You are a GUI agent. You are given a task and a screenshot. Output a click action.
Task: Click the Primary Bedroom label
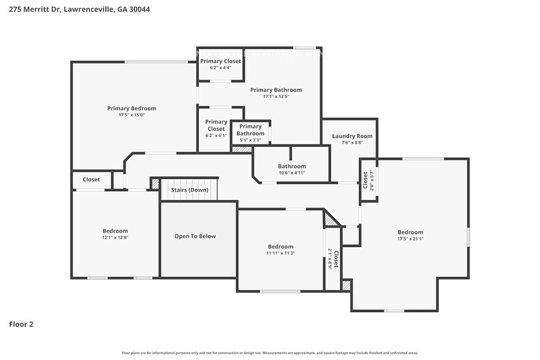point(132,108)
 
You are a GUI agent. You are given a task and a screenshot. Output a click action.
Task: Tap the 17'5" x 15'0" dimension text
point(132,115)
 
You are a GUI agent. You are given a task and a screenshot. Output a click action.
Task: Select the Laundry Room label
point(352,136)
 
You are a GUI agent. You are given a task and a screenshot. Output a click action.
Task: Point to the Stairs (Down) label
point(189,190)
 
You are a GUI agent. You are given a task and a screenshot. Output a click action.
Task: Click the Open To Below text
point(195,236)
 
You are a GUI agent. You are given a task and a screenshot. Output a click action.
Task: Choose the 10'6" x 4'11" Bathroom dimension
point(291,173)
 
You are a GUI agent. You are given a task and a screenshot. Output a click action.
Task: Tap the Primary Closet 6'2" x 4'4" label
point(220,61)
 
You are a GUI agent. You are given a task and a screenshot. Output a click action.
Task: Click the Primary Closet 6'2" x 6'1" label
point(216,126)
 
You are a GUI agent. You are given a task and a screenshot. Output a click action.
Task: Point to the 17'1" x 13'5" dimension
point(276,96)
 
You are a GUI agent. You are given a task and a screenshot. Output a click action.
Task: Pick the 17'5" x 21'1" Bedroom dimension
point(410,239)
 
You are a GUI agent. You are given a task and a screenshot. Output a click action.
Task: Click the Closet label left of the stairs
point(91,179)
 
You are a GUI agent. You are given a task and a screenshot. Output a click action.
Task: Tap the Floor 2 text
point(21,324)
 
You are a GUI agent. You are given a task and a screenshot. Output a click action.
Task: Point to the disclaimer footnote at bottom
point(269,353)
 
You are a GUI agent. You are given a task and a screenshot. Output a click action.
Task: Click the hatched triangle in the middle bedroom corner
point(331,217)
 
